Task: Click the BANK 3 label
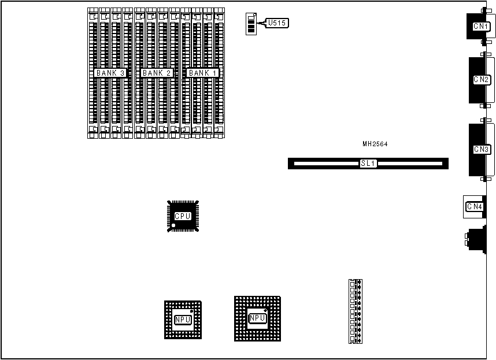110,73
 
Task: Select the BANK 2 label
157,73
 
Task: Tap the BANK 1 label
203,73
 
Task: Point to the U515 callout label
276,23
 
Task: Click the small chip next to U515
250,24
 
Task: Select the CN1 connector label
480,26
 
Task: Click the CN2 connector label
482,80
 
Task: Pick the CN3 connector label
482,150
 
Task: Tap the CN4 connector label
474,206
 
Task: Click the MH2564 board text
375,143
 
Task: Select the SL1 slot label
368,164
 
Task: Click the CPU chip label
183,216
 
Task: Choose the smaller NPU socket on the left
183,319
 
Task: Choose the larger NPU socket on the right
257,318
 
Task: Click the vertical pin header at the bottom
356,311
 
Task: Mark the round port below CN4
476,240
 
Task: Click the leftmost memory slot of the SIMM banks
92,73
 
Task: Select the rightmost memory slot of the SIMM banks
219,73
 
